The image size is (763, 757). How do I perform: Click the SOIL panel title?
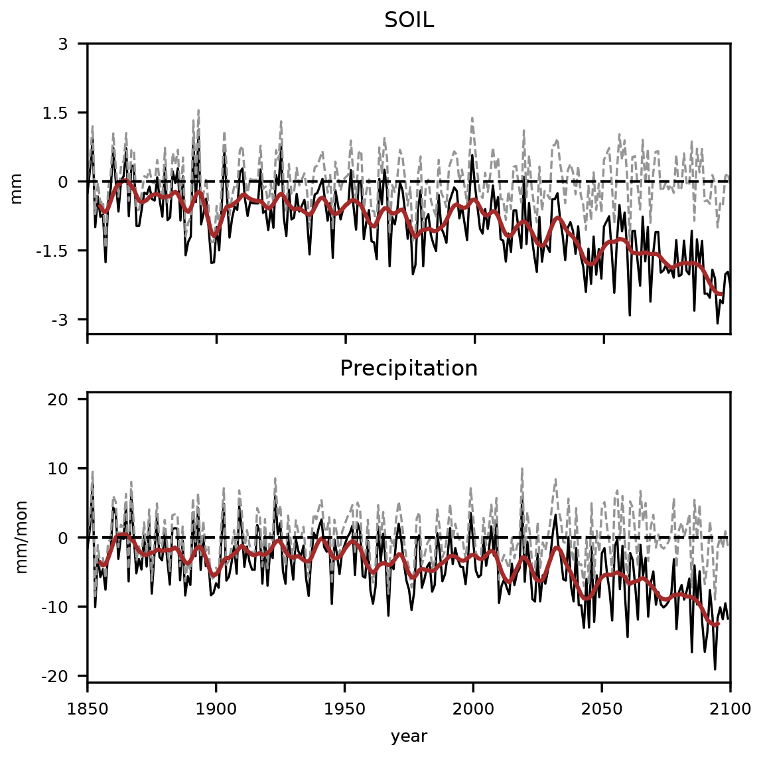(x=409, y=21)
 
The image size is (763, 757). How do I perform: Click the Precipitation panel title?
(x=409, y=369)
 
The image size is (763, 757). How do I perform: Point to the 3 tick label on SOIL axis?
(x=64, y=44)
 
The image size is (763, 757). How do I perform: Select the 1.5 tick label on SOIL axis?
(x=58, y=113)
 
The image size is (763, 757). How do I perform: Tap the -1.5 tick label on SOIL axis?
(x=56, y=251)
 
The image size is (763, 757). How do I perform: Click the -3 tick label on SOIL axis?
(x=61, y=320)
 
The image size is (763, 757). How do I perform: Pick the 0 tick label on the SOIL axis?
(x=64, y=182)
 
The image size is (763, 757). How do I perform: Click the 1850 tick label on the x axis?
(x=88, y=709)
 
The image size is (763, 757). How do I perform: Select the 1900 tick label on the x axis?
(x=216, y=709)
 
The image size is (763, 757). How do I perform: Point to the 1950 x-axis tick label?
(x=345, y=709)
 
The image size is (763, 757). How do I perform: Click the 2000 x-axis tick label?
(x=474, y=709)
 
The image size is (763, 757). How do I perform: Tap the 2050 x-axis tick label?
(x=602, y=709)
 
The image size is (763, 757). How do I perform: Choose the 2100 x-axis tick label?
(x=730, y=709)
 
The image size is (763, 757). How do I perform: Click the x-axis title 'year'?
(x=409, y=736)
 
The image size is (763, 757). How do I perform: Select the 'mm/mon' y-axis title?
(x=22, y=538)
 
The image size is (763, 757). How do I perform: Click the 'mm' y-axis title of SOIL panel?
(x=17, y=188)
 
